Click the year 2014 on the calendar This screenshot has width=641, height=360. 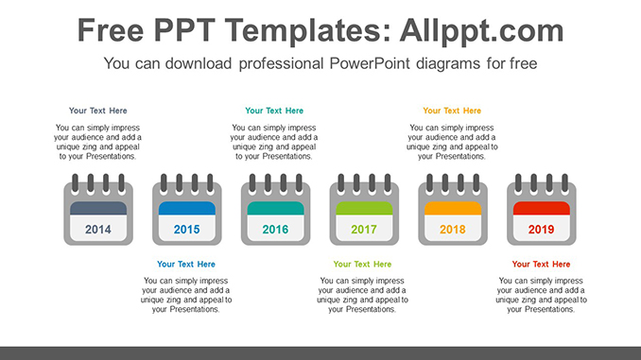[x=97, y=230]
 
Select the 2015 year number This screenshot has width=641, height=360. [x=186, y=230]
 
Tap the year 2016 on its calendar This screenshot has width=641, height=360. [x=275, y=230]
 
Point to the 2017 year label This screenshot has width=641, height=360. [x=364, y=230]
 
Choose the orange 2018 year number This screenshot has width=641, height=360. [x=453, y=230]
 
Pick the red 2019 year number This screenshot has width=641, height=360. [x=541, y=230]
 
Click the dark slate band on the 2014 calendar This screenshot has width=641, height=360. [x=97, y=209]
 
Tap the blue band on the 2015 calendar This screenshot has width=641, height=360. [x=186, y=209]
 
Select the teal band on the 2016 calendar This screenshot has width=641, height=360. [x=275, y=209]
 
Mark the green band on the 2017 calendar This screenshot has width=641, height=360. [x=364, y=209]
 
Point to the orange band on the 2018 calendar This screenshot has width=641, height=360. [x=453, y=209]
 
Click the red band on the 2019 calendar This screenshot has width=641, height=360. [x=541, y=209]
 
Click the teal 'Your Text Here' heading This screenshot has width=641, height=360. [x=274, y=111]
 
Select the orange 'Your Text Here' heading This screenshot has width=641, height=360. [x=452, y=111]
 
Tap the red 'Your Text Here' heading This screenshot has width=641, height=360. [x=541, y=265]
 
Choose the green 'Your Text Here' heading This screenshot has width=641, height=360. [x=363, y=265]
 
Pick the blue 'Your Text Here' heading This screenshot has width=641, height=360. [x=186, y=265]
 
